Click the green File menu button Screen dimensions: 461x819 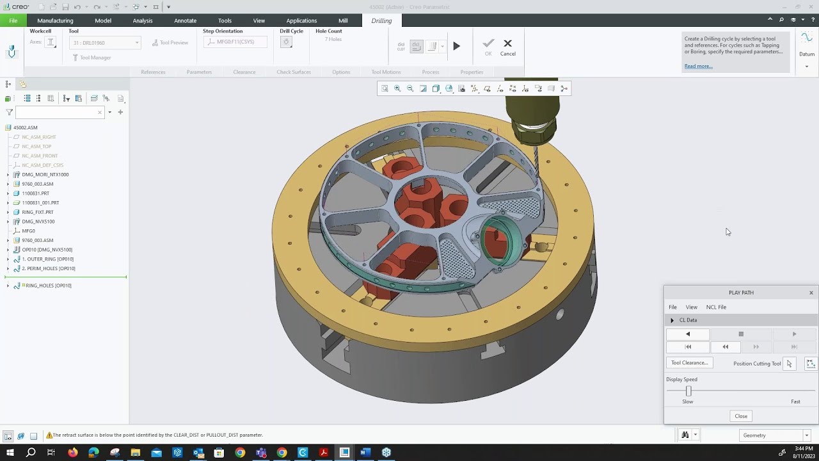tap(13, 20)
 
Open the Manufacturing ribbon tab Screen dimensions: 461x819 tap(55, 20)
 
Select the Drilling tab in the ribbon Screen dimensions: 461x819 tap(381, 20)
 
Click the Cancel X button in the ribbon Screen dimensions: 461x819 tap(507, 47)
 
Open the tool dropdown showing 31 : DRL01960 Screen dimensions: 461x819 tap(106, 43)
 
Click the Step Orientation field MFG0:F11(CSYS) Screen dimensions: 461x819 tap(235, 42)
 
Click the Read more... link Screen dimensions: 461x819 tap(698, 66)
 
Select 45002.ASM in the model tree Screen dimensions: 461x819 tap(26, 127)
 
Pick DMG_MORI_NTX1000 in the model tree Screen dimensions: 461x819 tap(45, 174)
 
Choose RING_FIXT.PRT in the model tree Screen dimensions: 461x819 tap(38, 212)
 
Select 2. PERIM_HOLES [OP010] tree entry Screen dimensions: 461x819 tap(49, 268)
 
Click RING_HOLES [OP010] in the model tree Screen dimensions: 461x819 tap(48, 286)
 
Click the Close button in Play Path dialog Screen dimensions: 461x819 tap(741, 416)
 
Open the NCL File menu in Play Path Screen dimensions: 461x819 tap(716, 307)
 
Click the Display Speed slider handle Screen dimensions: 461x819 tap(688, 391)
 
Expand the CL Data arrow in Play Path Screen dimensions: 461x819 tap(672, 320)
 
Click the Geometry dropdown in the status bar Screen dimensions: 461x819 tap(774, 435)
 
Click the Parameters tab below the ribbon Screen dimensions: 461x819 tap(199, 72)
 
